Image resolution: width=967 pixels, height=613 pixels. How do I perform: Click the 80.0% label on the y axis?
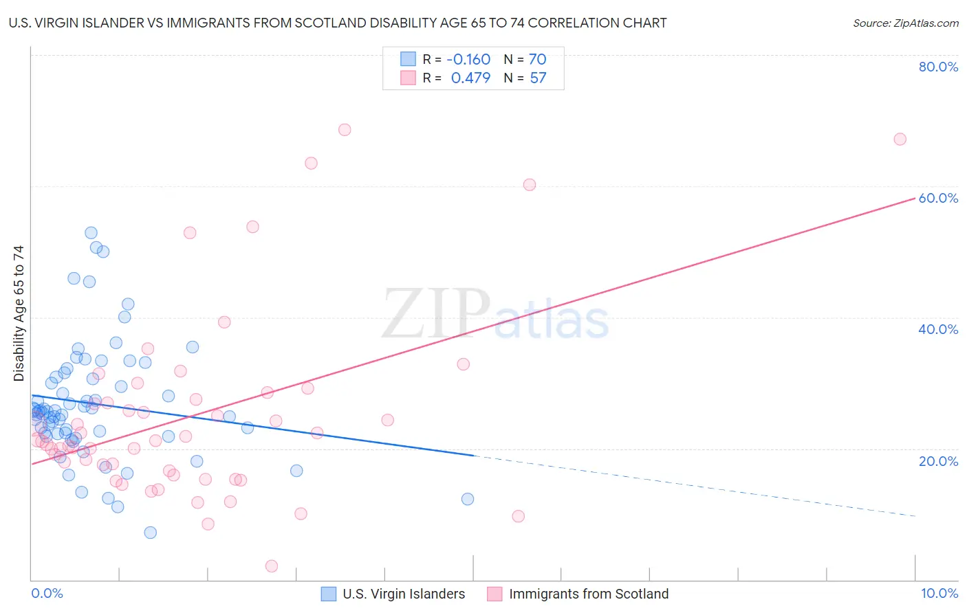(938, 67)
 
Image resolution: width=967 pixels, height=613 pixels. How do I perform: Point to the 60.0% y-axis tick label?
(938, 198)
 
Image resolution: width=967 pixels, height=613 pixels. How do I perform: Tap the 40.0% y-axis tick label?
(938, 329)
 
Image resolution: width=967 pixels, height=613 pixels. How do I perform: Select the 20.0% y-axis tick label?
(938, 461)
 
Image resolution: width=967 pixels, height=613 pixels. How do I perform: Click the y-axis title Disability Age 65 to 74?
(19, 313)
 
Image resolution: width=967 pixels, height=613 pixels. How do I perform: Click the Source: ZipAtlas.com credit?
(905, 23)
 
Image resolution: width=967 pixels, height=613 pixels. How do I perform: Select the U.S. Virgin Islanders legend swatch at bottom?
(329, 594)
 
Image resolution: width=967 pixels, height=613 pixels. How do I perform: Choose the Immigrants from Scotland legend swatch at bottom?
(495, 594)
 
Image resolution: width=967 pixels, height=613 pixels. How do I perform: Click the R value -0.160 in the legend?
(468, 60)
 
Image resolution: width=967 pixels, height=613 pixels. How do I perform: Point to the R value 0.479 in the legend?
(470, 78)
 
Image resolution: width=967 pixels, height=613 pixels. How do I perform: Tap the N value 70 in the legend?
(537, 60)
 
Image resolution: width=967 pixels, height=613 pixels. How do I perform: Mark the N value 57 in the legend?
(538, 78)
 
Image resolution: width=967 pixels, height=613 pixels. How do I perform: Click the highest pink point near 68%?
(345, 130)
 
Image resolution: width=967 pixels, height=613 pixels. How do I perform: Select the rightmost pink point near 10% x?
(900, 140)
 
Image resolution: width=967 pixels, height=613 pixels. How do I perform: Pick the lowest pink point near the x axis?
(272, 566)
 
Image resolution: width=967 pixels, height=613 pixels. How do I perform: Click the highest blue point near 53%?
(91, 233)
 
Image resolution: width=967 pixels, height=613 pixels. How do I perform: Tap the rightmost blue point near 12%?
(468, 500)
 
